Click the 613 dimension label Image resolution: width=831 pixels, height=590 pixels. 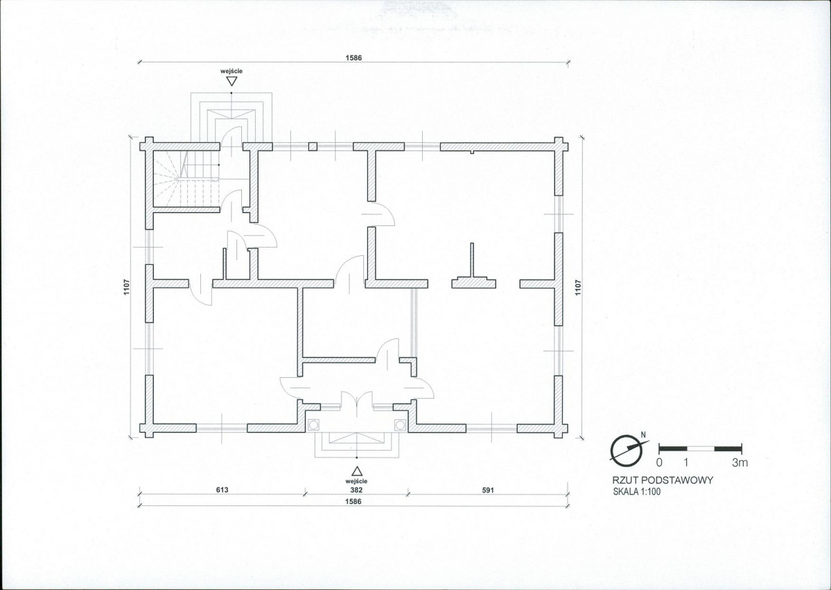coord(222,489)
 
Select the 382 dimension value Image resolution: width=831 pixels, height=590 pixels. coord(357,490)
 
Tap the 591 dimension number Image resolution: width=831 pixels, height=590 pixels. coord(487,490)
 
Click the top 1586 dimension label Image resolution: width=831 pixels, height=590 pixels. coord(353,58)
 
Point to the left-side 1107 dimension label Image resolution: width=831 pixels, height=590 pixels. coord(127,287)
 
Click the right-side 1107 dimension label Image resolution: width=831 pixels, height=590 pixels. coord(578,287)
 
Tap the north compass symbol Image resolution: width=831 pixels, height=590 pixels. coord(629,449)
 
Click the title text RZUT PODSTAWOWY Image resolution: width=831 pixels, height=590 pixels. coord(663,480)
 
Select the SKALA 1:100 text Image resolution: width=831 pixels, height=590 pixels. coord(636,492)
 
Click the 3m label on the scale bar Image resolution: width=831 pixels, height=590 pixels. coord(740,462)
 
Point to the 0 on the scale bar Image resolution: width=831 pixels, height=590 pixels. coord(658,462)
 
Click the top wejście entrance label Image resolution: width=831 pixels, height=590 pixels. coord(231,71)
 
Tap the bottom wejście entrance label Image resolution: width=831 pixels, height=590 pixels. coord(357,480)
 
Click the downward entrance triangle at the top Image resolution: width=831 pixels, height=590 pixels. coord(231,81)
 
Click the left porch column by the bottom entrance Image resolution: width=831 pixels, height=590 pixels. coord(313,425)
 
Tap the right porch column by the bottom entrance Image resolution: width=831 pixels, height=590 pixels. coord(400,425)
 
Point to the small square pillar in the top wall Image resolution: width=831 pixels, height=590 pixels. coord(313,146)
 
